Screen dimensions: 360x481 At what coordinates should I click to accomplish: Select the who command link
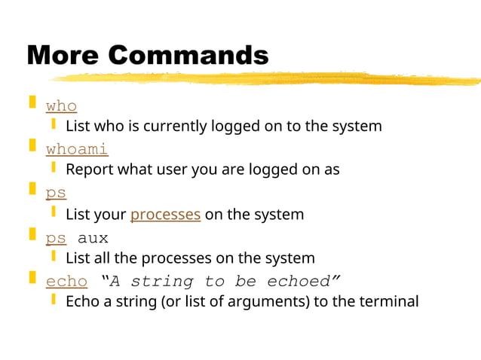[61, 105]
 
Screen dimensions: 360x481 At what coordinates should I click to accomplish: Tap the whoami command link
[77, 148]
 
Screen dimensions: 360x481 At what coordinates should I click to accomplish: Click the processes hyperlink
[165, 215]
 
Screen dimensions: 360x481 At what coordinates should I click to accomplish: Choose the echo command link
[66, 281]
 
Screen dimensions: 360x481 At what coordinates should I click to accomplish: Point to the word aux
[93, 238]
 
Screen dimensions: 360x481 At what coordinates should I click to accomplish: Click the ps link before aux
[56, 238]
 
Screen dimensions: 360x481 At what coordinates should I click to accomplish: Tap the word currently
[163, 126]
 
